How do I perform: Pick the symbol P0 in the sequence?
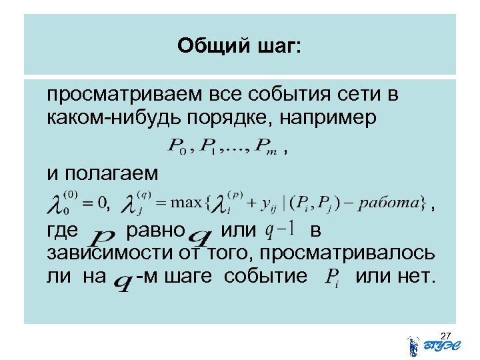(x=177, y=147)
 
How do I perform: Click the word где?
(x=63, y=231)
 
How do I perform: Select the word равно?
(x=154, y=231)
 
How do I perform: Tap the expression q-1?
(x=280, y=230)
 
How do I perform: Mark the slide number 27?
(x=446, y=334)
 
